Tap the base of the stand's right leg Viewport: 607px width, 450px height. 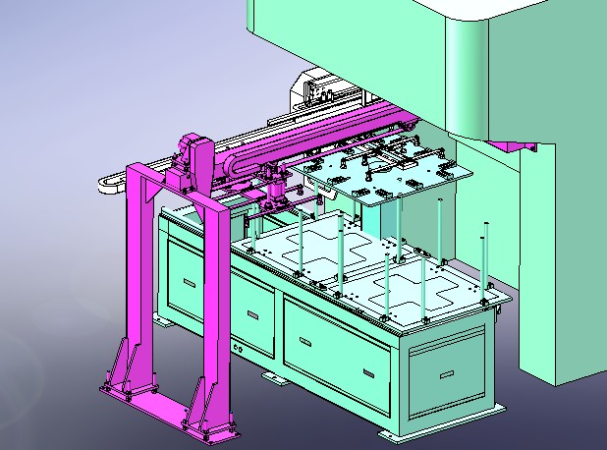pyautogui.click(x=212, y=425)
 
